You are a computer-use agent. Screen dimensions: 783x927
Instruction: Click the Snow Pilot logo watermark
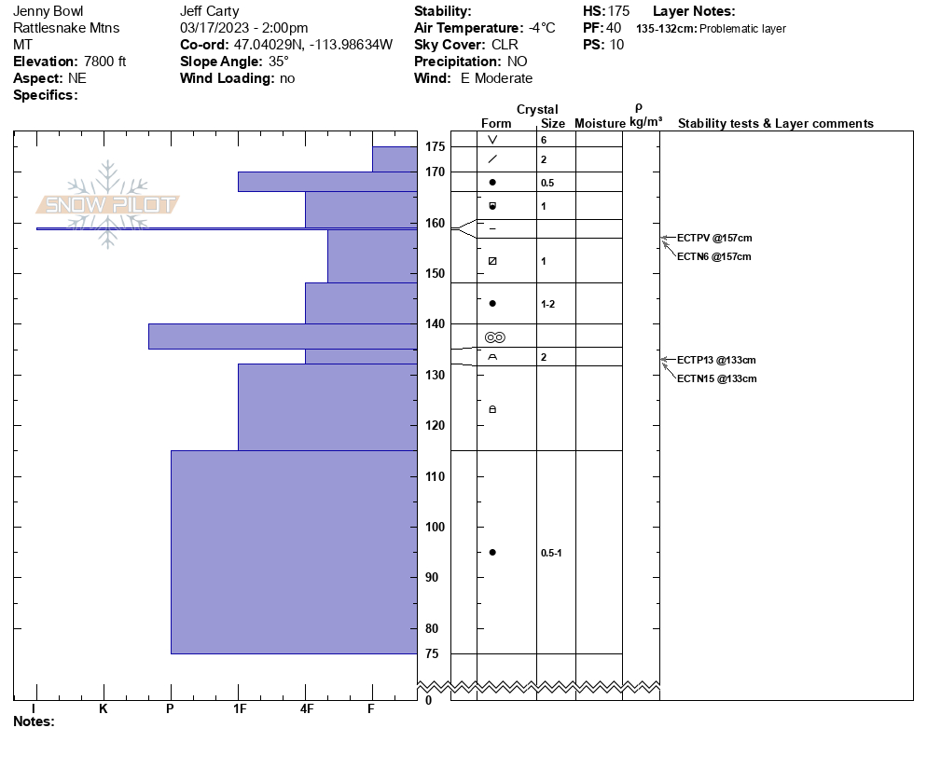108,205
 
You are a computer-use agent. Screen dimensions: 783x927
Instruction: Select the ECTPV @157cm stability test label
713,238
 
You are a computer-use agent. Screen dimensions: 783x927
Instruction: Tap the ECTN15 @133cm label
716,378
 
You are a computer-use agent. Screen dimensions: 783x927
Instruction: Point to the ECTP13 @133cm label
716,360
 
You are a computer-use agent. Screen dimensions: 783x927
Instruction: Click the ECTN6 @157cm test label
713,256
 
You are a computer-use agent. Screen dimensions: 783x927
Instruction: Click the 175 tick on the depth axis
434,147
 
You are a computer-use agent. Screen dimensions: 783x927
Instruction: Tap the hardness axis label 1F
239,709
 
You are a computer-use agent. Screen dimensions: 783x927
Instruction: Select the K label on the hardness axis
104,709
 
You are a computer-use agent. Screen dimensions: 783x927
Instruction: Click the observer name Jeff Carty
209,11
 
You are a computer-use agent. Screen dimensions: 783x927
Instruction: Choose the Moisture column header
600,124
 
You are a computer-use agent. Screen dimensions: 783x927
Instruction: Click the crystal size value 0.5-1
551,553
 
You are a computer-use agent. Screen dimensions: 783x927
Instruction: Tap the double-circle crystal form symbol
494,337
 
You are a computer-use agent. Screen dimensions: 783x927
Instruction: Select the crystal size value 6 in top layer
544,140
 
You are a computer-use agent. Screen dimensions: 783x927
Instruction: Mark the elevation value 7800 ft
96,62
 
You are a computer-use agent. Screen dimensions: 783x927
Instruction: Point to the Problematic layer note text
742,29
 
